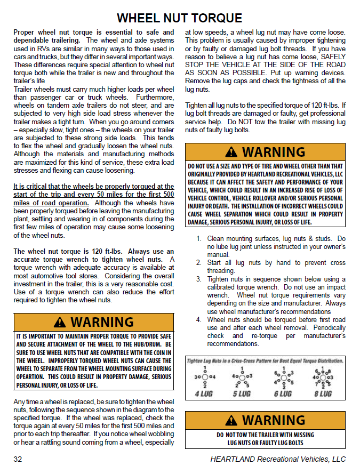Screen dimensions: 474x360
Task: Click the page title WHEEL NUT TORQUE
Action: click(x=179, y=18)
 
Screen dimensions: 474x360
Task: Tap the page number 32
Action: click(x=18, y=459)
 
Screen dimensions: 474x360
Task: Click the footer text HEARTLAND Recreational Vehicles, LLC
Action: click(x=278, y=459)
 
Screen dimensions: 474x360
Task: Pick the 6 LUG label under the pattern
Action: click(x=282, y=393)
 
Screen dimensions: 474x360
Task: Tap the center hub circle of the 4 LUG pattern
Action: click(x=205, y=377)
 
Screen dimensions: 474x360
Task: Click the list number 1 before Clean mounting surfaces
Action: click(x=199, y=239)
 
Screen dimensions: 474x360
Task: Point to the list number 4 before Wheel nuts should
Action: click(x=199, y=320)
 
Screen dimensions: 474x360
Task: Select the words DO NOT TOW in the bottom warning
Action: click(x=235, y=435)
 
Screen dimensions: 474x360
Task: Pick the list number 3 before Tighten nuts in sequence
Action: click(x=199, y=279)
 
